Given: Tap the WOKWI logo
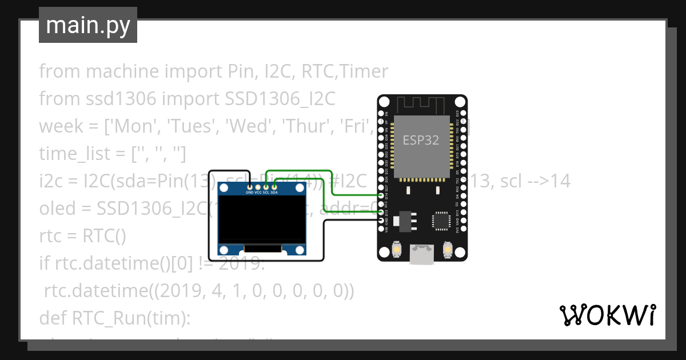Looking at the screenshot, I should tap(607, 315).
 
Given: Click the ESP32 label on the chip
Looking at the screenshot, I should tap(421, 140).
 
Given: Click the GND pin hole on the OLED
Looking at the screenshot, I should tap(250, 186).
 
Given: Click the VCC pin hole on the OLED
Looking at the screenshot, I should tap(258, 186).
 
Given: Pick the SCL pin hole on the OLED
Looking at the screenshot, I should tap(266, 186).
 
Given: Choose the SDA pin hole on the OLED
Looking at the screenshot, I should tap(274, 186).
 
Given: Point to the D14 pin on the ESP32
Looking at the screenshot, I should tap(381, 195).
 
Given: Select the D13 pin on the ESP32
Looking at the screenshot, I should tap(381, 212).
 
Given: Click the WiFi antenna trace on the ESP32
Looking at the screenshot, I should tap(421, 105).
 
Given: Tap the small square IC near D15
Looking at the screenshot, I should tap(441, 220).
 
